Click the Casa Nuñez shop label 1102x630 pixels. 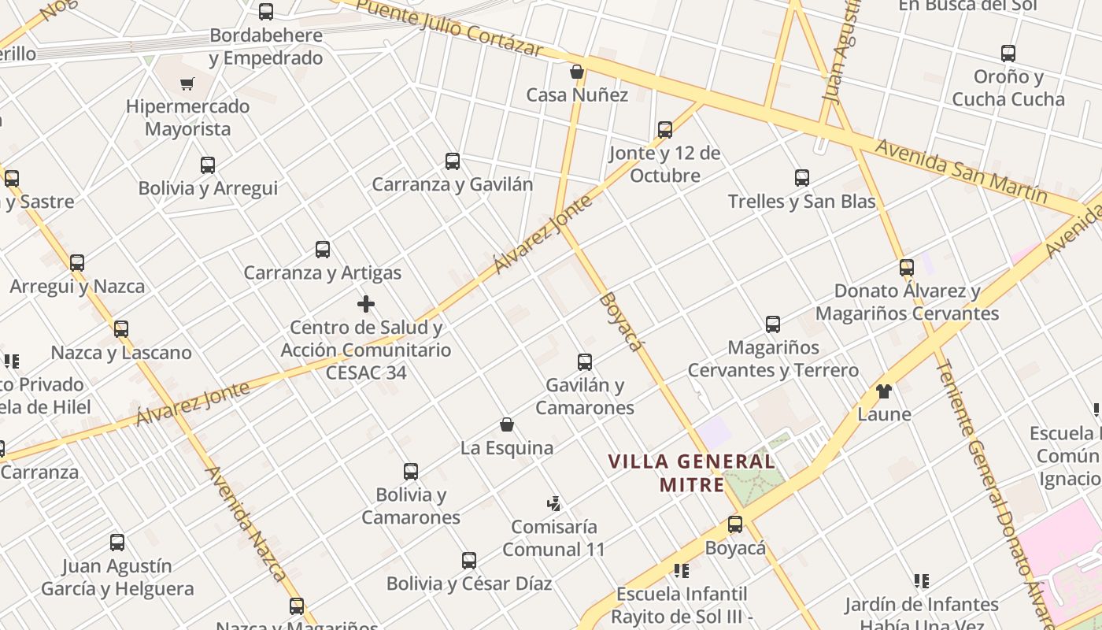point(577,95)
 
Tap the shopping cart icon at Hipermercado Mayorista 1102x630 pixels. point(187,83)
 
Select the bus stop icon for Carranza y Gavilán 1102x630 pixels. point(453,161)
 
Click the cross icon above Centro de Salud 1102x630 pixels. point(366,304)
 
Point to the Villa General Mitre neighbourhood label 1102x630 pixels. point(692,472)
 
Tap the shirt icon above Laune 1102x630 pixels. point(884,391)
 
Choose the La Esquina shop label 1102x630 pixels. point(507,448)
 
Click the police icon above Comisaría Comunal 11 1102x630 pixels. point(553,504)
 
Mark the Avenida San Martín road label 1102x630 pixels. point(961,170)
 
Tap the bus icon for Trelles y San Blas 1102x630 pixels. point(802,178)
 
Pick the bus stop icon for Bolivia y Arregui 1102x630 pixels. point(208,165)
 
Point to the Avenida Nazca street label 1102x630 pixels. point(246,523)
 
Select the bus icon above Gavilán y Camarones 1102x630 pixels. point(585,362)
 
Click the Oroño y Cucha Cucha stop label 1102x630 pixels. point(1008,88)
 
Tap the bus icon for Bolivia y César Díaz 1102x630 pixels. point(469,561)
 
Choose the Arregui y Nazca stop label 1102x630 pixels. point(77,286)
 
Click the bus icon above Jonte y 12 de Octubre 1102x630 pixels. point(665,129)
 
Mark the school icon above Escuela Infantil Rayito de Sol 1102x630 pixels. point(682,570)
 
